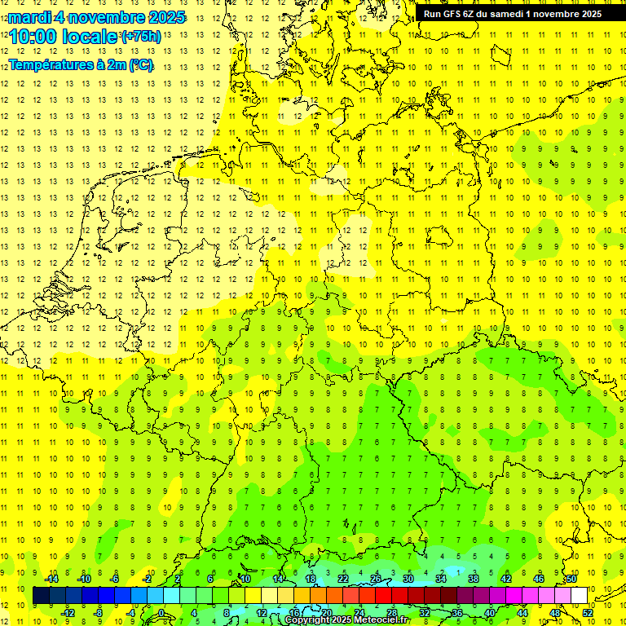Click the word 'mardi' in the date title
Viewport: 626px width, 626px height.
tap(29, 17)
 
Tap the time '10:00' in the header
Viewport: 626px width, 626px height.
tap(35, 37)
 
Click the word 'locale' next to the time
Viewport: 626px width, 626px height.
tap(90, 37)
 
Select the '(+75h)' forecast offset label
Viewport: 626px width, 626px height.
tap(141, 36)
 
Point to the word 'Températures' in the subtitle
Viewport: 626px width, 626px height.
tap(47, 65)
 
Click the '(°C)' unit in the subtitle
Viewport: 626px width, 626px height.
tap(139, 65)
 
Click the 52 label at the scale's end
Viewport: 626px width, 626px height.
tap(589, 613)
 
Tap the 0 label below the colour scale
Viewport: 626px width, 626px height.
tap(161, 613)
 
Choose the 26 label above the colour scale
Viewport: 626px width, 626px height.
tap(375, 579)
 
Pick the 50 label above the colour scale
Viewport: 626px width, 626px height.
tap(571, 579)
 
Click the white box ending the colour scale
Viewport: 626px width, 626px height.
tap(579, 596)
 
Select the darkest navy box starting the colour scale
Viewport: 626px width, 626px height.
tap(41, 596)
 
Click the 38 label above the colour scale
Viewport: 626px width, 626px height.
tap(473, 579)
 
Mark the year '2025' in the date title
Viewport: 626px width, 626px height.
tap(162, 17)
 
